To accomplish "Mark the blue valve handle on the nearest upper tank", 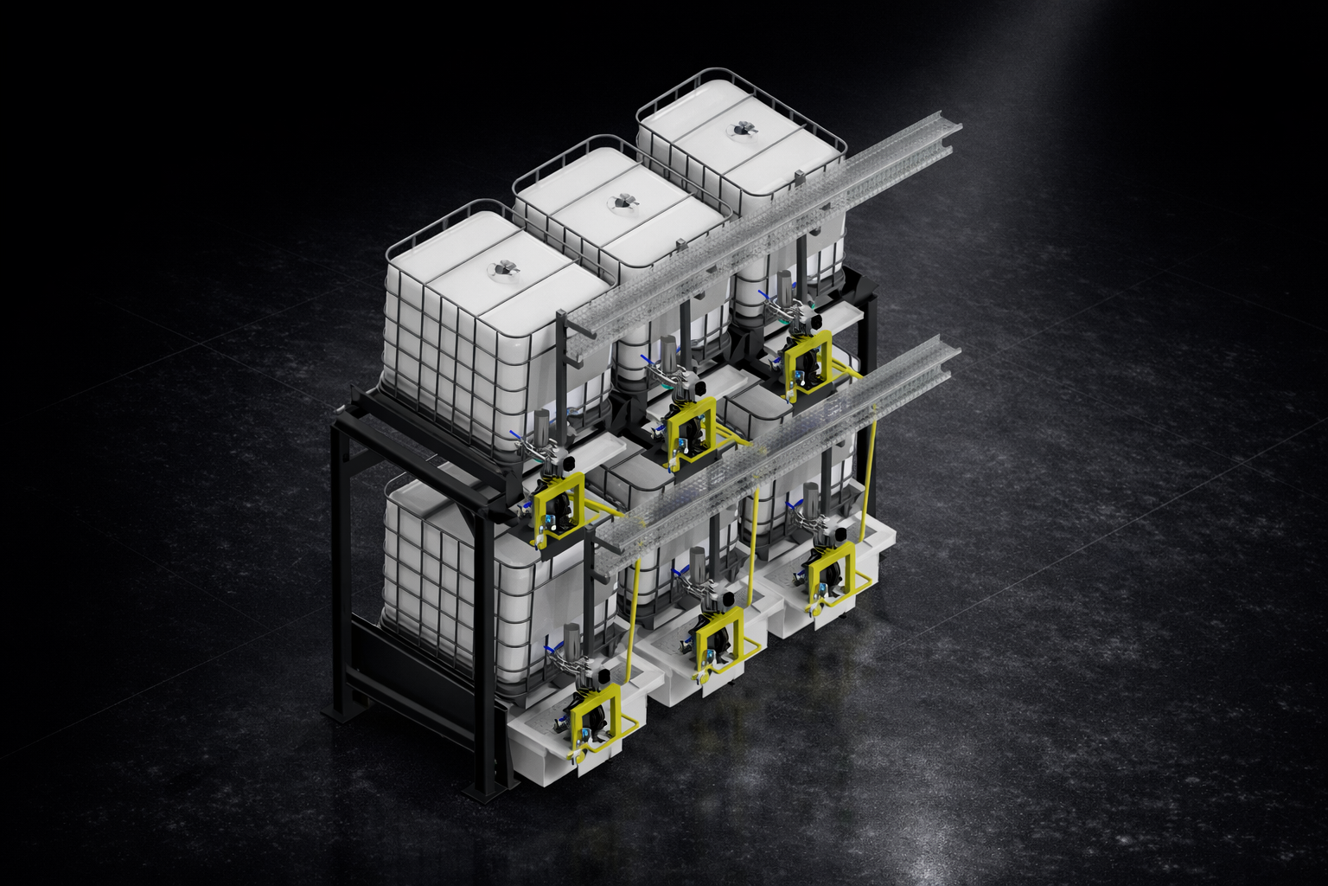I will pyautogui.click(x=516, y=436).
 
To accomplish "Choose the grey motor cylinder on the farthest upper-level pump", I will pyautogui.click(x=785, y=286).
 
